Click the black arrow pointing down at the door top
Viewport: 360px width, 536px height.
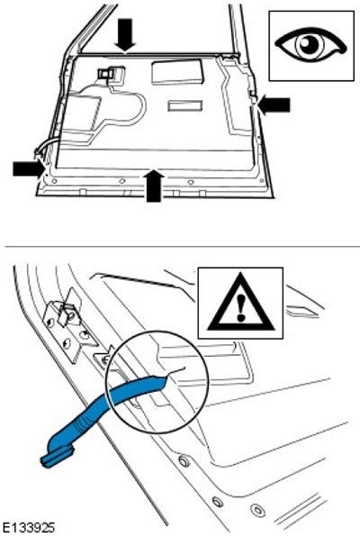click(125, 35)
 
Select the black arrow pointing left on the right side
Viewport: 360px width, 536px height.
click(274, 104)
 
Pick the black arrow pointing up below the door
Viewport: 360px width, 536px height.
click(154, 186)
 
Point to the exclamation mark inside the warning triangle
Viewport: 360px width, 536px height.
click(241, 308)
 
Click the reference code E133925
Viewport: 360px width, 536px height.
click(27, 528)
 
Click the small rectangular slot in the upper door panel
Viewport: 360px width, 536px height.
click(184, 106)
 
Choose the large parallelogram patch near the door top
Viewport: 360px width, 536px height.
click(177, 72)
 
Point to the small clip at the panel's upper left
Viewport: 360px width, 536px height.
click(110, 74)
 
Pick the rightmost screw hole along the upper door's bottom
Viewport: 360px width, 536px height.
click(262, 180)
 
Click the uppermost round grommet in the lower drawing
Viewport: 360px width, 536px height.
click(184, 461)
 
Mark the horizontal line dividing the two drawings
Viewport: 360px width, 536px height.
click(182, 246)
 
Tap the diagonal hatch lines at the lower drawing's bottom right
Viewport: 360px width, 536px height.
click(301, 512)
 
